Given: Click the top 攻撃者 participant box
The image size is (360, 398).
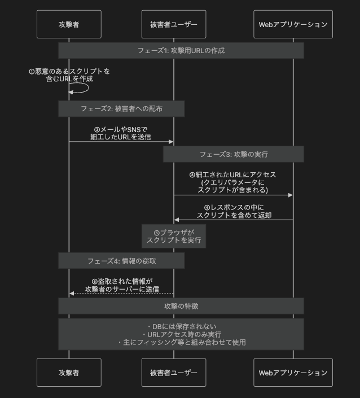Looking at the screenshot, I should pos(69,24).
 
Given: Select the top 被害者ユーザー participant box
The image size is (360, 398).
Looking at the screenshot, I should pos(173,24).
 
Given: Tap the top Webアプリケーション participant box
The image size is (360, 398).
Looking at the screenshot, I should pos(293,24).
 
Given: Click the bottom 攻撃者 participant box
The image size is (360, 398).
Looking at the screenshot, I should pos(69,373).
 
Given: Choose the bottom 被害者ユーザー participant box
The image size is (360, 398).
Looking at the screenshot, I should pos(173,373).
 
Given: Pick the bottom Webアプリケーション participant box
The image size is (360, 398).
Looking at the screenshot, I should pos(293,373).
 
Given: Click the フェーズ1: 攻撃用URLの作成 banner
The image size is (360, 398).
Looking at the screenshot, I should pos(181,50).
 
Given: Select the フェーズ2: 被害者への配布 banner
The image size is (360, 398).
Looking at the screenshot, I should pos(121,108).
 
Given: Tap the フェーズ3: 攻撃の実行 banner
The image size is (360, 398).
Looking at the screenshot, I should pos(234,154).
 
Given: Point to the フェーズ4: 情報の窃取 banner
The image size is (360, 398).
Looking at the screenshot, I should pos(121,261).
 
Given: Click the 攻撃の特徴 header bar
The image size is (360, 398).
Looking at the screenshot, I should pos(181,306).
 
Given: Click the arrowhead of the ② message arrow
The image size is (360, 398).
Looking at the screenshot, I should pos(170,142).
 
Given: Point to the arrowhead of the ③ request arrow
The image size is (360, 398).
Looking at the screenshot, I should pos(290,195).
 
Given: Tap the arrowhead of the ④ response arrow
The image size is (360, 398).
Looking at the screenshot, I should pos(177,220).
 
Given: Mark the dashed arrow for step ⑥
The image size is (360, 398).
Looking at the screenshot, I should pos(121,294).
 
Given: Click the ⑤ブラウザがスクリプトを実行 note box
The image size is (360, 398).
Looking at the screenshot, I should pos(173,236).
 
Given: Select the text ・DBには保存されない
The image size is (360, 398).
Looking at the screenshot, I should pos(181,326).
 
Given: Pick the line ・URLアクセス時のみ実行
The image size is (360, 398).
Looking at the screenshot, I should pos(181,334).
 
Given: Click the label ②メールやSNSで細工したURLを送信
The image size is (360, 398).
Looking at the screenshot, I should pos(121,133).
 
